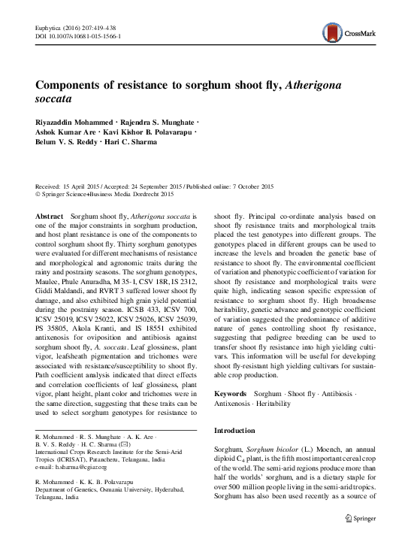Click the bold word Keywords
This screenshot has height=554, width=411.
230,394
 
